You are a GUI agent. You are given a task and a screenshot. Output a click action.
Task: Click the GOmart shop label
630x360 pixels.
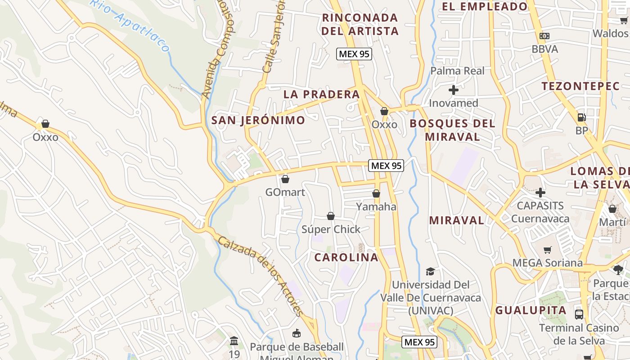285,193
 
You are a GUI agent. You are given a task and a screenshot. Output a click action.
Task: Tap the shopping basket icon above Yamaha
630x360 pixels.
376,193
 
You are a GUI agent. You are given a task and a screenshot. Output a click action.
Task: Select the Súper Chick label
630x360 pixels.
331,229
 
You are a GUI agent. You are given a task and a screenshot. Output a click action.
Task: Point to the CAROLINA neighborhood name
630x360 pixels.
346,257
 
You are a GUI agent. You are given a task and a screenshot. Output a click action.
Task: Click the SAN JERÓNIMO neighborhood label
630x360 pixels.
258,120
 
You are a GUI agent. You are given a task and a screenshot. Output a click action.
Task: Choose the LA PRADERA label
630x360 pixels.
321,94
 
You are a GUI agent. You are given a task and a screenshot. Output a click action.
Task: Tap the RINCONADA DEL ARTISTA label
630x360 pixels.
360,24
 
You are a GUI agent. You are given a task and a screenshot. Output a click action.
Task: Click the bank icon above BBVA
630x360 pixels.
544,36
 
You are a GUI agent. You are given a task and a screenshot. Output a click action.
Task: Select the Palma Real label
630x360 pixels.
457,71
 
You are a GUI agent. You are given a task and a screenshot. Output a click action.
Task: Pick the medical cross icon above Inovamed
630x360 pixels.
454,90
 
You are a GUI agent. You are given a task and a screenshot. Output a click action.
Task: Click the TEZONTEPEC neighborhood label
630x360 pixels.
580,86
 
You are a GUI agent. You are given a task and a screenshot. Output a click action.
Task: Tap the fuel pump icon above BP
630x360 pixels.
581,117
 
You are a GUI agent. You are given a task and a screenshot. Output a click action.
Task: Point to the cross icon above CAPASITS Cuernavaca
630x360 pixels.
540,193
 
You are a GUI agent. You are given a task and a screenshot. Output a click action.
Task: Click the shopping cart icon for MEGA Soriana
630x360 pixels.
548,250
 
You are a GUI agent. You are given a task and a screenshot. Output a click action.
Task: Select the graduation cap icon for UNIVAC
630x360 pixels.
431,271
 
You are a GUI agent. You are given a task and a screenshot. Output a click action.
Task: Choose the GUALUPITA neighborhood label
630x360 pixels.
531,310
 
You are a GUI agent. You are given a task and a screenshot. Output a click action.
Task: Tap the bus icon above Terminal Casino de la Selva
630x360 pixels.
579,314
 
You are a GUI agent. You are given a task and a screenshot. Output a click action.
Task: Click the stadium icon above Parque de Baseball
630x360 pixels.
297,333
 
